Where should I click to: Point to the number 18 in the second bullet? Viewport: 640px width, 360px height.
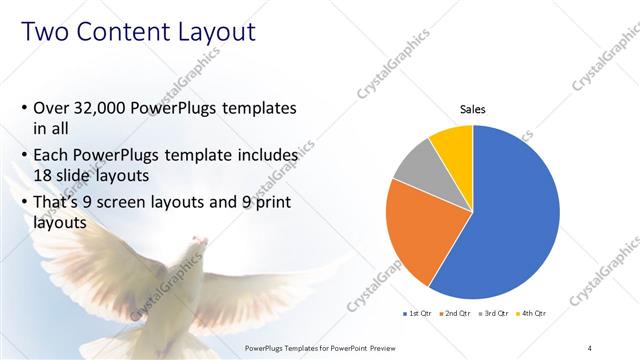45,177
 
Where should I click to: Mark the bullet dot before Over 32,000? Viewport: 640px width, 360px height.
24,108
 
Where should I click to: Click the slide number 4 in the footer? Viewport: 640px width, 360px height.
590,347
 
